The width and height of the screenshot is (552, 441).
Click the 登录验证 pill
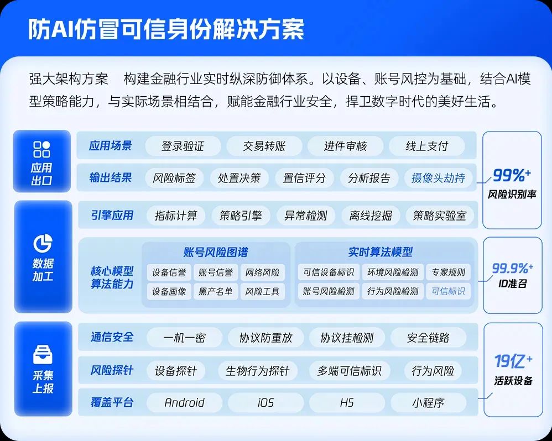pos(183,146)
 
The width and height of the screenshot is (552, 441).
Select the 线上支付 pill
pos(426,146)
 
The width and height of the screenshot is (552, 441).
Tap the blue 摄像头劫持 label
pos(438,178)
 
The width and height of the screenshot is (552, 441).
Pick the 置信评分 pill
pos(304,178)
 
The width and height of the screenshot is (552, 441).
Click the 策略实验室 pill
pos(440,215)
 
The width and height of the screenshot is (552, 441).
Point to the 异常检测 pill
pos(305,215)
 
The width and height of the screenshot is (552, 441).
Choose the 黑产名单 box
pos(216,291)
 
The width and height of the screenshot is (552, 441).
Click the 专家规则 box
pos(448,272)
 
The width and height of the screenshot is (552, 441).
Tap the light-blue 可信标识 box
pos(448,291)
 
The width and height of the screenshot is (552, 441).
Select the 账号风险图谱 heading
pos(216,252)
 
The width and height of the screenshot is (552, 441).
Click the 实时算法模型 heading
pos(380,252)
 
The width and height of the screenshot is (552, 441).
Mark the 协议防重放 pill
pos(266,338)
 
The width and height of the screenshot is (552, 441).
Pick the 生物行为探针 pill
pos(257,371)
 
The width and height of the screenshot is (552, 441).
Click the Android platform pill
pos(185,403)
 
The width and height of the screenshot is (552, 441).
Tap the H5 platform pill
pos(347,403)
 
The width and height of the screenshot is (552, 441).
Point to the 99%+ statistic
pos(512,175)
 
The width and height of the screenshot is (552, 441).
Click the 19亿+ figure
pos(513,361)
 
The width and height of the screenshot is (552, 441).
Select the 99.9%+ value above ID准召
pos(512,269)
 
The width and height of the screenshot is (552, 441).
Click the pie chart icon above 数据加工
pos(43,243)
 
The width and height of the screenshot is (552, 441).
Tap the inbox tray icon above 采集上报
pos(43,354)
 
